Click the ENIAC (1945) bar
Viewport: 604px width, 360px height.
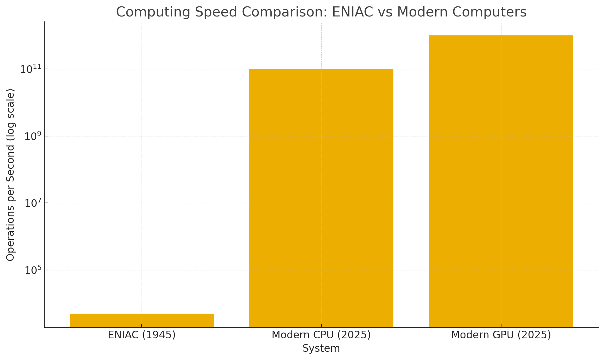tap(142, 320)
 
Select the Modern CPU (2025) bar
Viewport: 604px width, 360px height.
tap(321, 198)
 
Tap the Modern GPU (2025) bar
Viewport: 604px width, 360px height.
tap(501, 182)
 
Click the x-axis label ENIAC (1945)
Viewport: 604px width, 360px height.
tap(142, 335)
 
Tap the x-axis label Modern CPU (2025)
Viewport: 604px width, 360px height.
tap(321, 335)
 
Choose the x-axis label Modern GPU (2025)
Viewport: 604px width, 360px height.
tap(501, 335)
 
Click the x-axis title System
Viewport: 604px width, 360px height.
tap(321, 348)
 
